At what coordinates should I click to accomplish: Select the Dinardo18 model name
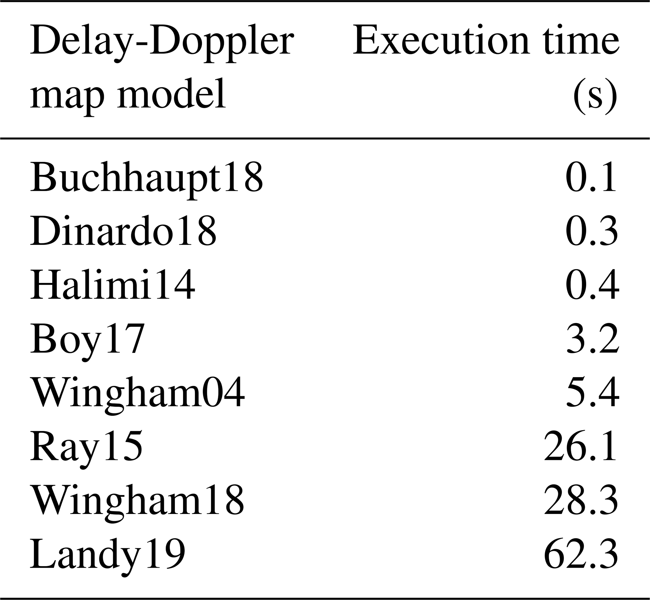pyautogui.click(x=123, y=231)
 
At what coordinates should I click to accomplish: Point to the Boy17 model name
pyautogui.click(x=87, y=341)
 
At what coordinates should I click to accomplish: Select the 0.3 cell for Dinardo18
pyautogui.click(x=592, y=230)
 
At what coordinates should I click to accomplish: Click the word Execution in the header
pyautogui.click(x=442, y=41)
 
